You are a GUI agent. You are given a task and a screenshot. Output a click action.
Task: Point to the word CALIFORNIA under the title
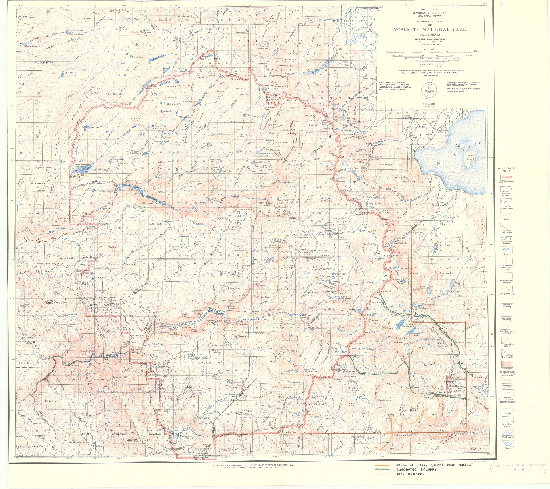(430, 35)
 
